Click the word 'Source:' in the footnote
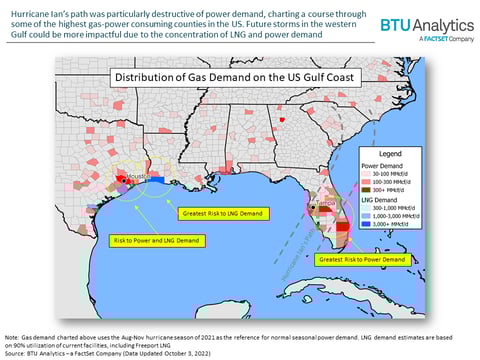tap(16, 354)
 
